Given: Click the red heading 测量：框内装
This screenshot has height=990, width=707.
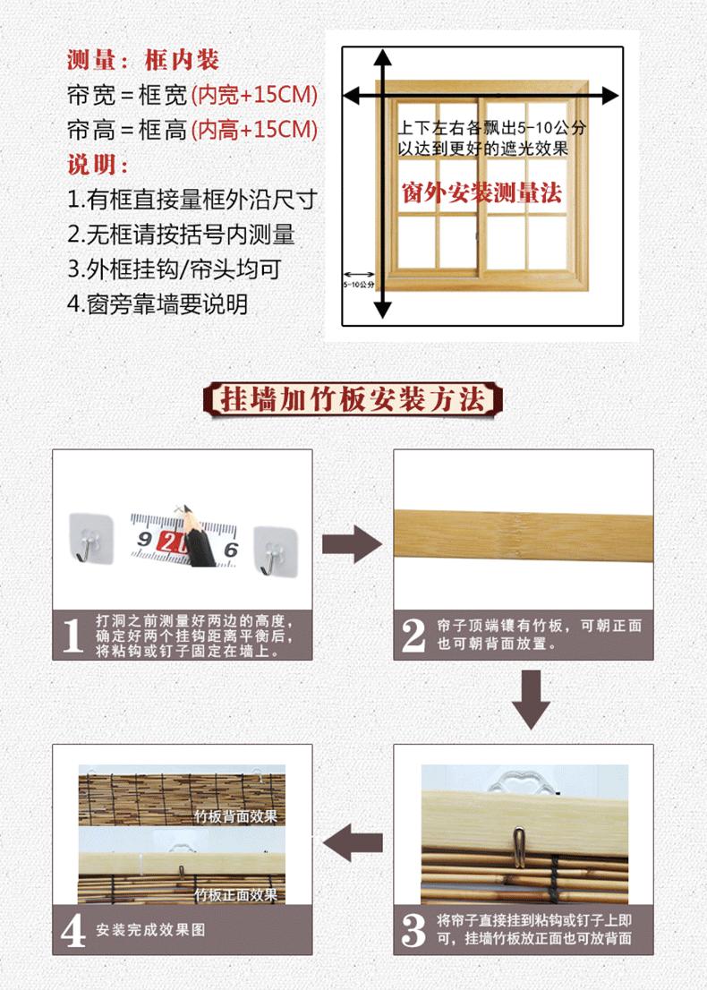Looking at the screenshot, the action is tap(143, 60).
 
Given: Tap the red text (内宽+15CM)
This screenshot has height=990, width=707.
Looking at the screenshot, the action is tap(254, 95).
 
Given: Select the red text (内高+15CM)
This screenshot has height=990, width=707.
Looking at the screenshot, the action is tap(254, 130).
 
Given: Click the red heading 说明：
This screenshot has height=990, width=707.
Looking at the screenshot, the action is tap(98, 165).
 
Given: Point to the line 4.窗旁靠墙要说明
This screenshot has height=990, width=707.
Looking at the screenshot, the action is tap(158, 304).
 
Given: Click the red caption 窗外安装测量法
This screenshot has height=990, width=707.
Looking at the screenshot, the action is tap(481, 192).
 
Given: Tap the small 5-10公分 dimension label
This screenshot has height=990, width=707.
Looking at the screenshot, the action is tap(359, 284).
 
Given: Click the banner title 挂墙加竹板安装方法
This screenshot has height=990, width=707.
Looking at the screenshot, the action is tap(353, 399).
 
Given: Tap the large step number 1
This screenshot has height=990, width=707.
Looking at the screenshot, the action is tap(73, 636).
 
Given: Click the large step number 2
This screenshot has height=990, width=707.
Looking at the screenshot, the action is tap(414, 636).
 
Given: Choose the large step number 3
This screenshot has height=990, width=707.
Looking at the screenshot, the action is tap(414, 929).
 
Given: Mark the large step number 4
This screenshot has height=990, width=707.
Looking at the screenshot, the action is tap(73, 930).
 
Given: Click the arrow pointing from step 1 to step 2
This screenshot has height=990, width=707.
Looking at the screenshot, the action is tap(353, 543).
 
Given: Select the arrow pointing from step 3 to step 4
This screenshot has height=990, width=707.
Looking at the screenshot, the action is tap(353, 842).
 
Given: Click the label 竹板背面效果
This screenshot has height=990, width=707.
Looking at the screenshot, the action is tap(236, 815).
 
